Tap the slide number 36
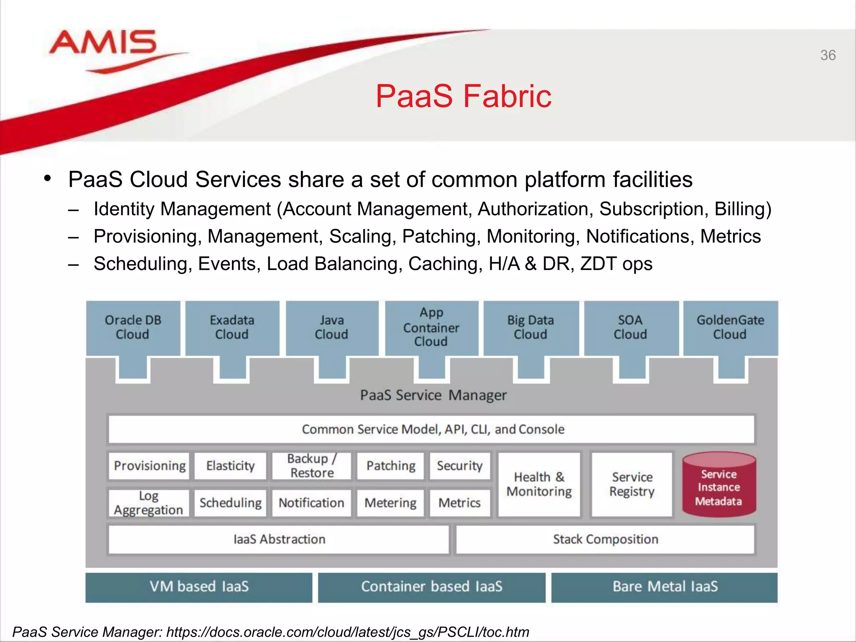point(828,55)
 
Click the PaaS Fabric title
point(463,96)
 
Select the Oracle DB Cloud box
point(133,327)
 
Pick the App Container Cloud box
point(431,327)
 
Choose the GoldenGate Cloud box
point(730,327)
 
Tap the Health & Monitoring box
point(539,484)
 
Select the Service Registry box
point(632,484)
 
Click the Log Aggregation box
point(148,503)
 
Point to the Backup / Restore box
point(312,466)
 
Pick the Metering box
point(390,503)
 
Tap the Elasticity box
point(230,466)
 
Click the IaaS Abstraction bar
point(279,539)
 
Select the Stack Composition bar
point(605,539)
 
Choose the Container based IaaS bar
point(431,586)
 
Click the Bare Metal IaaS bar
point(665,586)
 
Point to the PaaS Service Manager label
point(433,395)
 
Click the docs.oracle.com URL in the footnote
point(347,632)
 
